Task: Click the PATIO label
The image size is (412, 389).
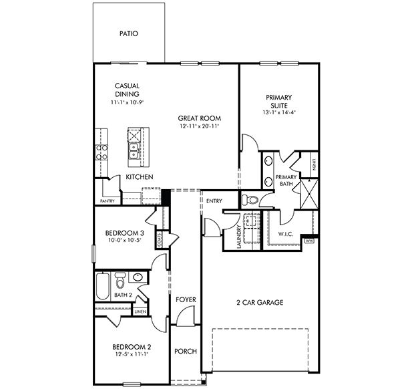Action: click(128, 33)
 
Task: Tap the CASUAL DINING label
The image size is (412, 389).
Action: click(126, 90)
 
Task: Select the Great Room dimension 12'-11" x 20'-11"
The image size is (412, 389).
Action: click(200, 126)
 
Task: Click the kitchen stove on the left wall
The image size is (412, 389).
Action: click(101, 152)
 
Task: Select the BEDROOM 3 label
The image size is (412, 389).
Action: click(125, 233)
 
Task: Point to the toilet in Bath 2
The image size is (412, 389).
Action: click(120, 279)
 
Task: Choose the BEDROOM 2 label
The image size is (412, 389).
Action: click(132, 347)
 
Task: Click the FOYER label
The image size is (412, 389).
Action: click(185, 300)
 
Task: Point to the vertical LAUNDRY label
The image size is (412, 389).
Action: click(238, 237)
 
